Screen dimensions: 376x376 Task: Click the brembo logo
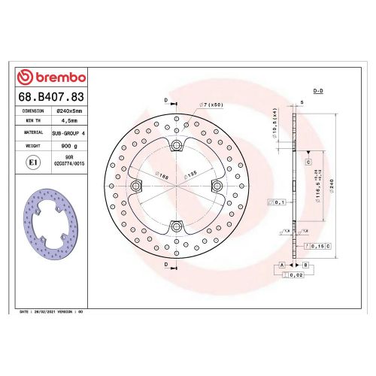(x=52, y=77)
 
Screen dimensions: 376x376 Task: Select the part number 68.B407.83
(x=52, y=96)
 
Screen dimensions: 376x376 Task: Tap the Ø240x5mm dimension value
(x=69, y=110)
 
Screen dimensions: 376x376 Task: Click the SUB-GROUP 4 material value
(x=69, y=132)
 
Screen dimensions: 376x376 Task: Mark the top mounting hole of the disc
(x=176, y=145)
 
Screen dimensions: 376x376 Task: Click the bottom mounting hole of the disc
(x=176, y=225)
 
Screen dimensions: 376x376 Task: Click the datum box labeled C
(x=308, y=162)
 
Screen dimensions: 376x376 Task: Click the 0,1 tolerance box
(x=279, y=202)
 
